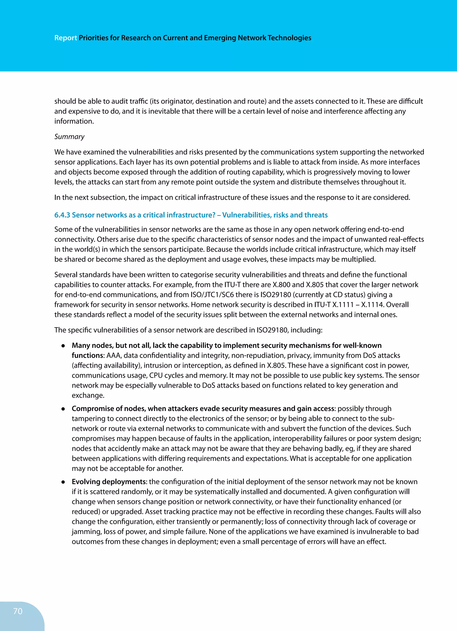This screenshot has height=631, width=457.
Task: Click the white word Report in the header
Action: tap(65, 38)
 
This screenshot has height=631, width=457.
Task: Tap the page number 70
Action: tap(18, 611)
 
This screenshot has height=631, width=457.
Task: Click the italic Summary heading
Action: tap(69, 137)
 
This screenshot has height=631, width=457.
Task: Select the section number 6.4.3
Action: tap(62, 215)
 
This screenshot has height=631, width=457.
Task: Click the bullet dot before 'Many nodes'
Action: tap(63, 346)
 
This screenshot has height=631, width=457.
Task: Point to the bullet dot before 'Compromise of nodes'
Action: tap(63, 409)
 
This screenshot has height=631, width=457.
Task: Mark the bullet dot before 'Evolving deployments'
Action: tap(63, 482)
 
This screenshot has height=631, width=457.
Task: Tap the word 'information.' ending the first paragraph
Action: tap(74, 121)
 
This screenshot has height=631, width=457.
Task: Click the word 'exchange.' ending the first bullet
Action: tap(88, 395)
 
